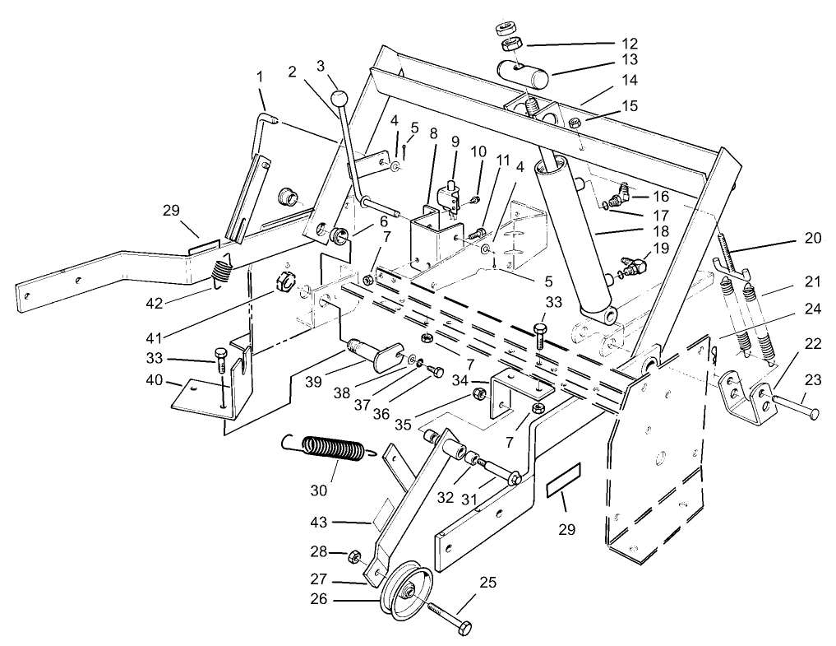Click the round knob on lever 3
point(339,101)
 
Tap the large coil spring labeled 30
point(333,451)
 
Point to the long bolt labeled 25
point(447,622)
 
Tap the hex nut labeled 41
point(282,280)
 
